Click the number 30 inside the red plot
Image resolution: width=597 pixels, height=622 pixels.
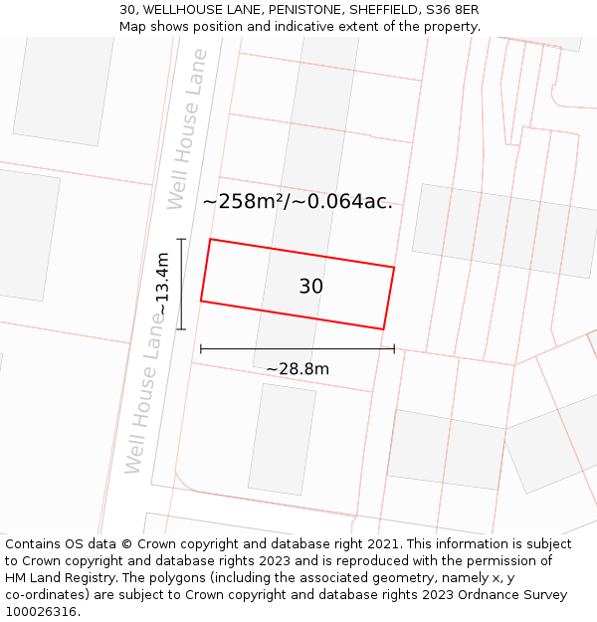coord(310,287)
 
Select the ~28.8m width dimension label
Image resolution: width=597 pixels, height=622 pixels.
coord(298,369)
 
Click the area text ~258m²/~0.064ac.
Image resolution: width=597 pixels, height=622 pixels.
coord(298,202)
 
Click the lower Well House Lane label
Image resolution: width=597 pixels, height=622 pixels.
coord(145,390)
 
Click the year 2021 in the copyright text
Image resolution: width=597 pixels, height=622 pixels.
coord(383,544)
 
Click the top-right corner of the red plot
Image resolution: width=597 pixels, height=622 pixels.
coord(394,268)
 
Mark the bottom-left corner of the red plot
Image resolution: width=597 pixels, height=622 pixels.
coord(201,301)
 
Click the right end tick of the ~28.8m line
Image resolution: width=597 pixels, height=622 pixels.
coord(394,348)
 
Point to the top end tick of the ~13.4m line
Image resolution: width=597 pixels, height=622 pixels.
coord(181,239)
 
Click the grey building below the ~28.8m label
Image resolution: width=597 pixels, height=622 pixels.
coord(282,439)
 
